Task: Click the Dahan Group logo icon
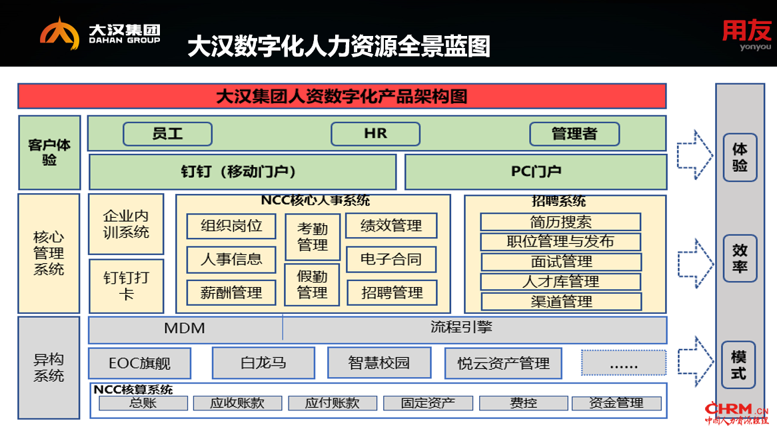coord(59,34)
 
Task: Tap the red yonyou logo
coord(746,35)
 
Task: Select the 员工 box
coord(167,134)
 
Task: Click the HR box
coord(376,134)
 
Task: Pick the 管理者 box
coord(574,134)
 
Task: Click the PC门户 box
coord(536,172)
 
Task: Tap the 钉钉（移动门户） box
coord(243,172)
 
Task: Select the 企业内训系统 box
coord(126,224)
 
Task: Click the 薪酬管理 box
coord(231,293)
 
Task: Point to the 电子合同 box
coord(391,260)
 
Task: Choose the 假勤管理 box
coord(312,284)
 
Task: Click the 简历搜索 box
coord(560,222)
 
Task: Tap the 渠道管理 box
coord(561,302)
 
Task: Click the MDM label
coord(185,328)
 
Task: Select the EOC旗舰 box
coord(140,363)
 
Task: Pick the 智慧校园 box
coord(379,363)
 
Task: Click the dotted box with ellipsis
coord(623,363)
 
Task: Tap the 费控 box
coord(523,403)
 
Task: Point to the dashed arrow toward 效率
coord(695,264)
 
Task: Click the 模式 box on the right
coord(738,365)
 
